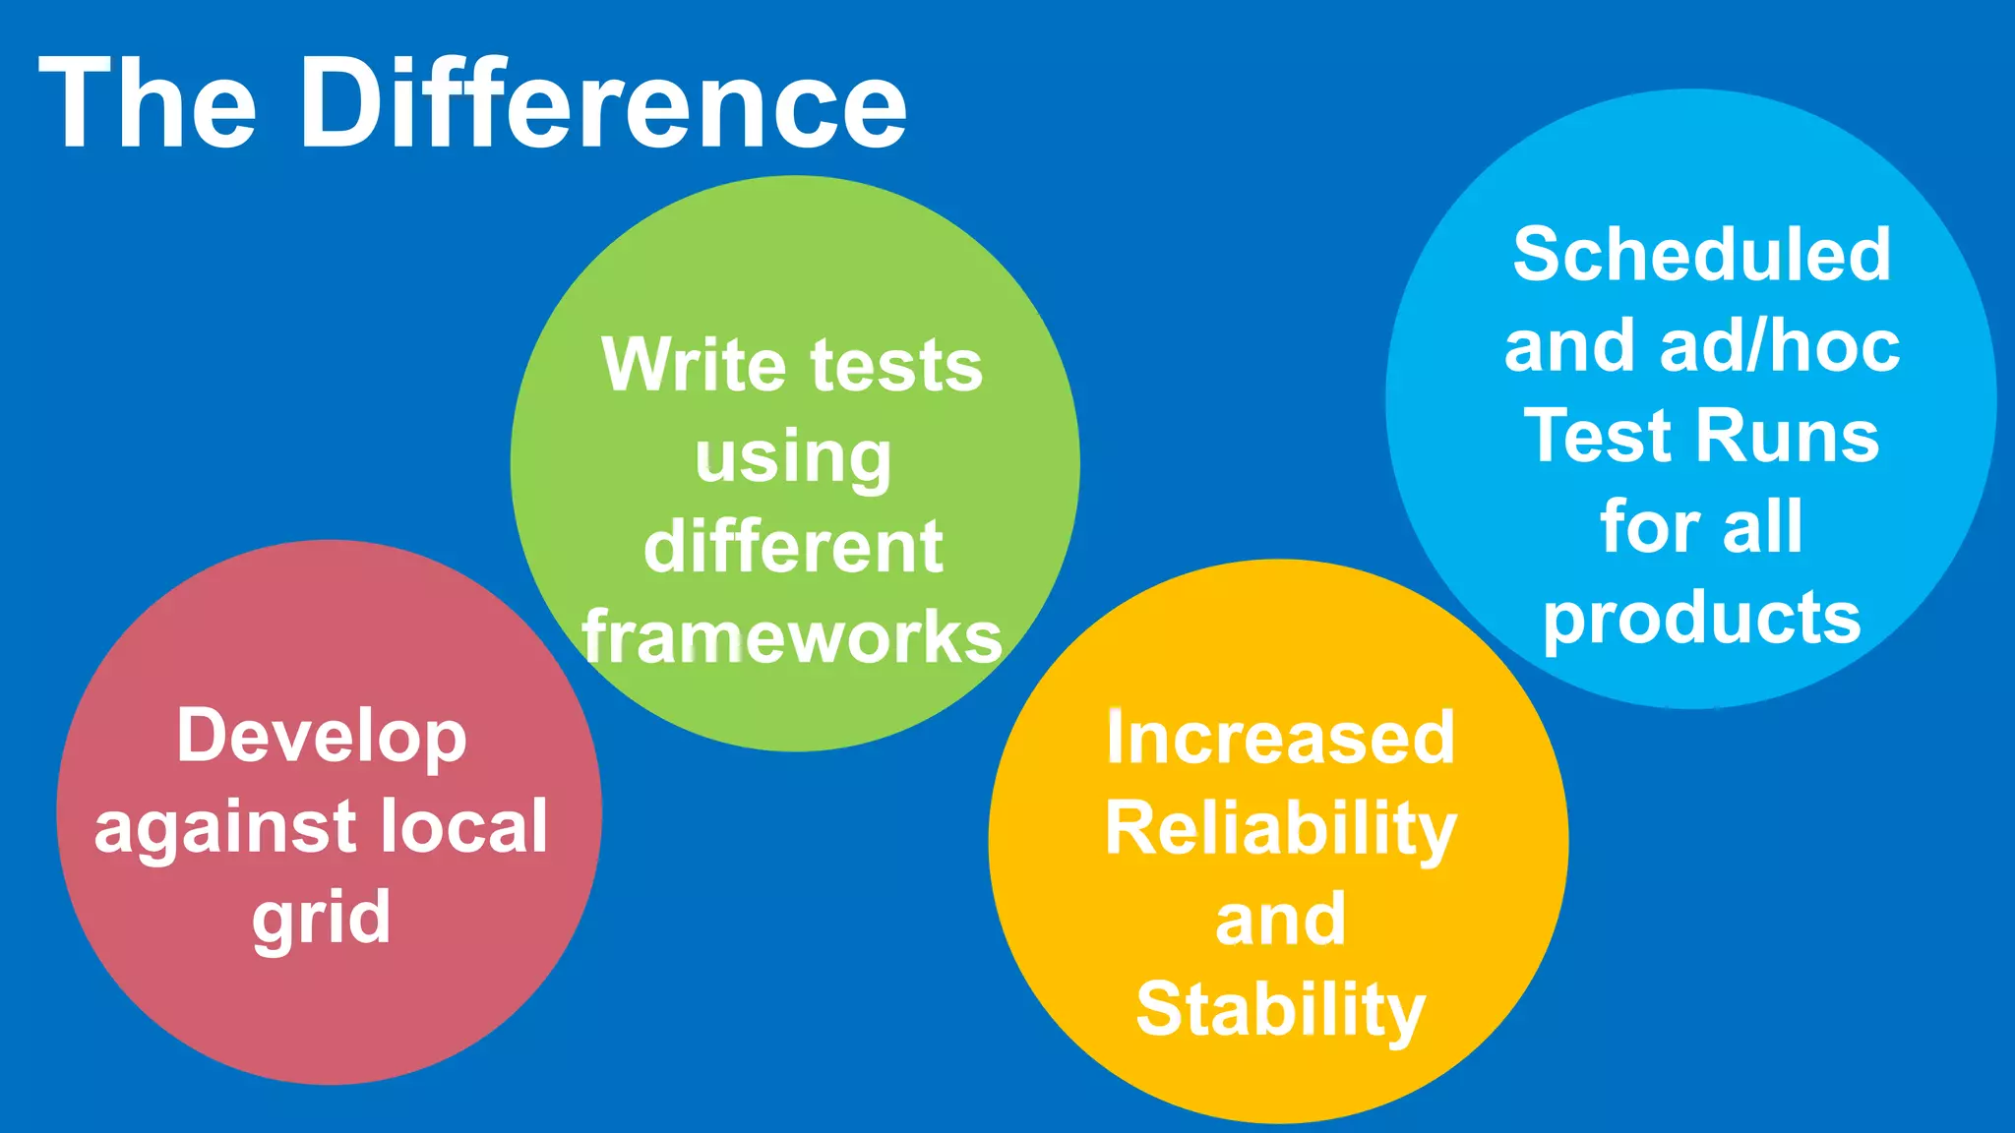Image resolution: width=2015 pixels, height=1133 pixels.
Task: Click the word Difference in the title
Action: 603,103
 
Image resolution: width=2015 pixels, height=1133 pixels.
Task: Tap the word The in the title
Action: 149,103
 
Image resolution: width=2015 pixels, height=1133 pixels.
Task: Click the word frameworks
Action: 792,637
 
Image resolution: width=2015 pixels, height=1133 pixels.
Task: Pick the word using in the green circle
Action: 793,459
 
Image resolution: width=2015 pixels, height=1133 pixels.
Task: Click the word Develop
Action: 322,737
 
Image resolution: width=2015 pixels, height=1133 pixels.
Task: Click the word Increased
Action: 1280,738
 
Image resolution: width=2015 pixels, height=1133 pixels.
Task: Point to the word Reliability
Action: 1280,829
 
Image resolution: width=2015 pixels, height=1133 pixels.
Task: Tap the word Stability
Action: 1280,1010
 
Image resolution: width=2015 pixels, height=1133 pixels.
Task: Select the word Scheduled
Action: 1701,255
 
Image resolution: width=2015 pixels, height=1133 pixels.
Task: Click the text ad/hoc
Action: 1780,346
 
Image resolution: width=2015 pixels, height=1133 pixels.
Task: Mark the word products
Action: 1701,620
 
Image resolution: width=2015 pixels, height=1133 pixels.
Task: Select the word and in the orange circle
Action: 1280,920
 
